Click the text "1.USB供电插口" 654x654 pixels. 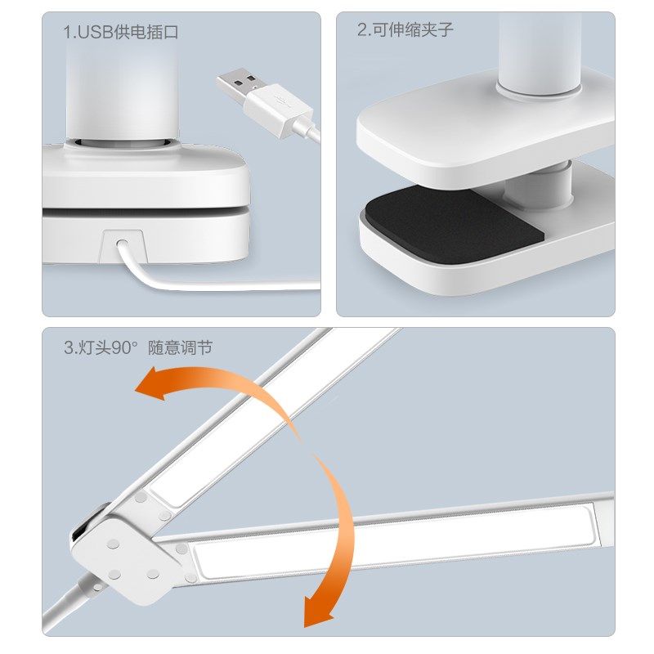point(120,33)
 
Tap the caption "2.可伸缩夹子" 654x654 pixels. point(405,30)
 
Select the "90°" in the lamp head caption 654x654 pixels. point(123,347)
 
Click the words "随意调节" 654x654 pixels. point(180,347)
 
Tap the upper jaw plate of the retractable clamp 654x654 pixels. point(482,131)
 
